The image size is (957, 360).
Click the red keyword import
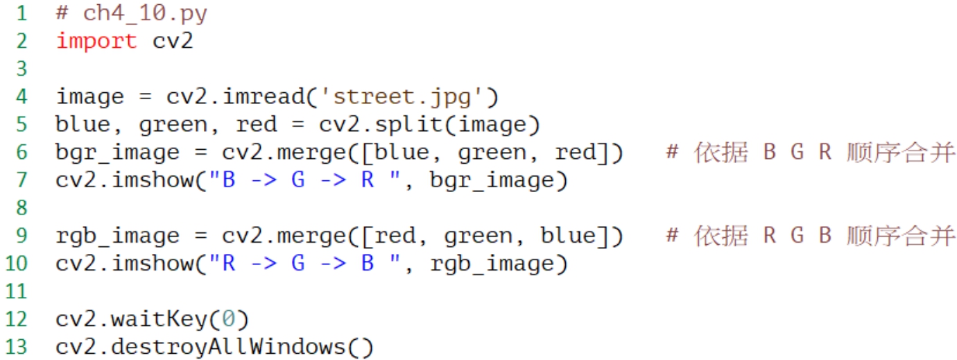[96, 41]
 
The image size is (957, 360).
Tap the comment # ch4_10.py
[131, 13]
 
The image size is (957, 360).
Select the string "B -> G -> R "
[304, 180]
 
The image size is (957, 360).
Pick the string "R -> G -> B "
[304, 263]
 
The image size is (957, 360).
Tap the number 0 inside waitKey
[228, 318]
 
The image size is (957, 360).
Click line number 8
[21, 207]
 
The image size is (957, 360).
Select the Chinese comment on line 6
[811, 152]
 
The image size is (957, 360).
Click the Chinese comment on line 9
[811, 235]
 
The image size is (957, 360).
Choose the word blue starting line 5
[83, 124]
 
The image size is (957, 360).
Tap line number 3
[21, 69]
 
